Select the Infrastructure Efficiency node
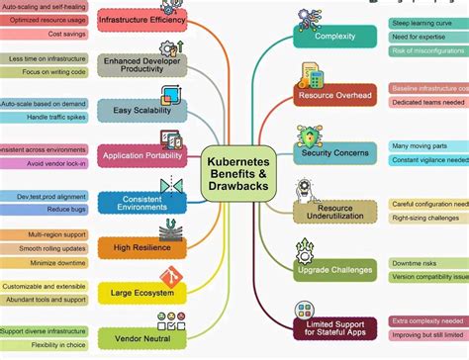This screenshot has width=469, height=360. [x=142, y=20]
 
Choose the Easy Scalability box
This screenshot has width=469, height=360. [x=142, y=110]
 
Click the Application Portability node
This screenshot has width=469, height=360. [x=142, y=155]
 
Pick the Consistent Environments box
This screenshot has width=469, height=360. [x=142, y=202]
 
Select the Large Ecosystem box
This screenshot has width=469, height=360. [x=142, y=293]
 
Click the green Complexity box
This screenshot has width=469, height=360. [x=334, y=37]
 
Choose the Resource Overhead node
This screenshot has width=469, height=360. [x=334, y=96]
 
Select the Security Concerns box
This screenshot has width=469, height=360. [x=334, y=153]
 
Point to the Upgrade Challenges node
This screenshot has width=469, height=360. [x=334, y=268]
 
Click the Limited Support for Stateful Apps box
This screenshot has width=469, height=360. [x=334, y=327]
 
